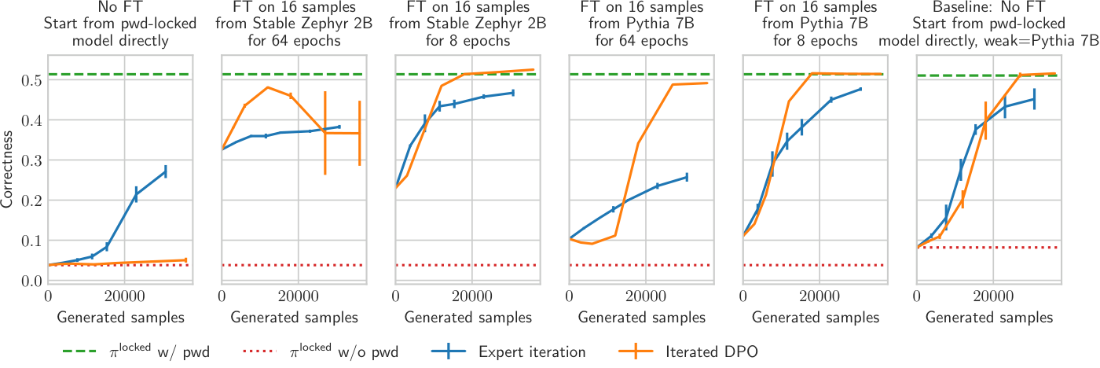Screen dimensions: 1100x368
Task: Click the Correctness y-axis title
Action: pos(7,170)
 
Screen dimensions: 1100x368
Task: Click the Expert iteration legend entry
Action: pos(508,351)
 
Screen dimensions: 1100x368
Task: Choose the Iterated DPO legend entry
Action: pos(688,351)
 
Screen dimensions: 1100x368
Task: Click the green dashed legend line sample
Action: pos(80,351)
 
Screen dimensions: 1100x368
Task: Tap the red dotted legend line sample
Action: pos(260,351)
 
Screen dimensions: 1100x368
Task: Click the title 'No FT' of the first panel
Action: pos(120,7)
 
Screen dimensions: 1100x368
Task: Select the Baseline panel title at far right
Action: pos(988,24)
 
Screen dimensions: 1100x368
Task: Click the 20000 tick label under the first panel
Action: pos(124,296)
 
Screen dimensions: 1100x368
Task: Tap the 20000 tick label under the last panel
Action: pos(992,296)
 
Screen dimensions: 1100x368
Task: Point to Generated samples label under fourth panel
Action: pos(641,318)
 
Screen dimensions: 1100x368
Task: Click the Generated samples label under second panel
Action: pos(294,318)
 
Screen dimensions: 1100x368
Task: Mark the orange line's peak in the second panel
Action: pos(268,87)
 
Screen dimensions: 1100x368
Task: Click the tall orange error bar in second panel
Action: pos(325,133)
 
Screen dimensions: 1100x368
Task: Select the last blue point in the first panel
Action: pos(166,171)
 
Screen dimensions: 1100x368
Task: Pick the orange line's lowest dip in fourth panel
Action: pos(592,244)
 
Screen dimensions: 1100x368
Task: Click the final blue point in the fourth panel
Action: pos(687,177)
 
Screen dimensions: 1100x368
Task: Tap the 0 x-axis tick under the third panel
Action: pos(396,296)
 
